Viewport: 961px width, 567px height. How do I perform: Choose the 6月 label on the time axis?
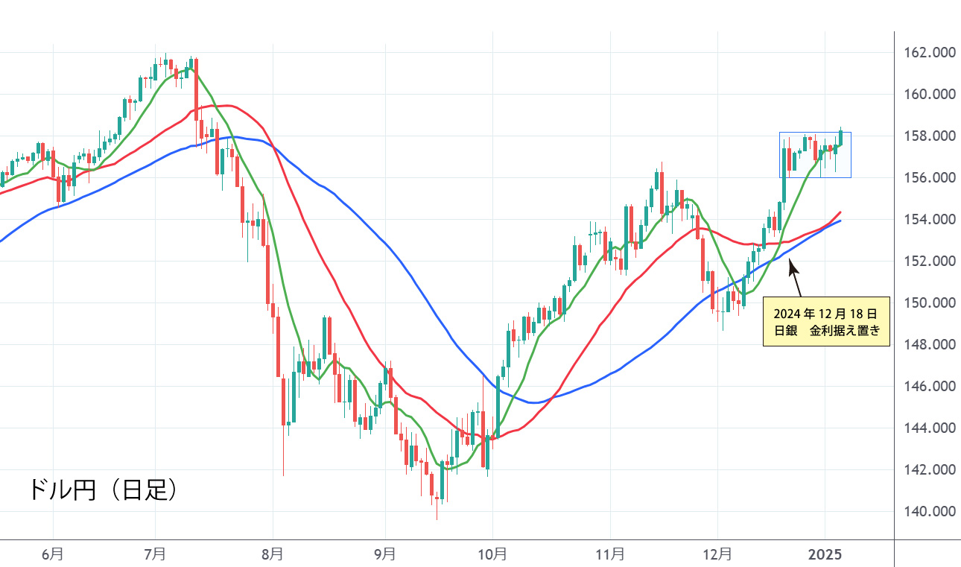(x=53, y=554)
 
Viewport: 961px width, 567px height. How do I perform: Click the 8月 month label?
(x=273, y=554)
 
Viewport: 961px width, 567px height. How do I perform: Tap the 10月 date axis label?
(x=492, y=554)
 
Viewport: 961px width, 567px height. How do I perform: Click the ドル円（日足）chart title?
(x=103, y=490)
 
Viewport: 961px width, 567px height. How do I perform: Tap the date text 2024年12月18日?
(x=826, y=313)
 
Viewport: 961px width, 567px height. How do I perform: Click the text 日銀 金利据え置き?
(x=826, y=332)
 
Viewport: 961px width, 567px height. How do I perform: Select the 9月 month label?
(x=384, y=554)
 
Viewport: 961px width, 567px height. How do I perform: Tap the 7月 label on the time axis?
(x=155, y=554)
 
